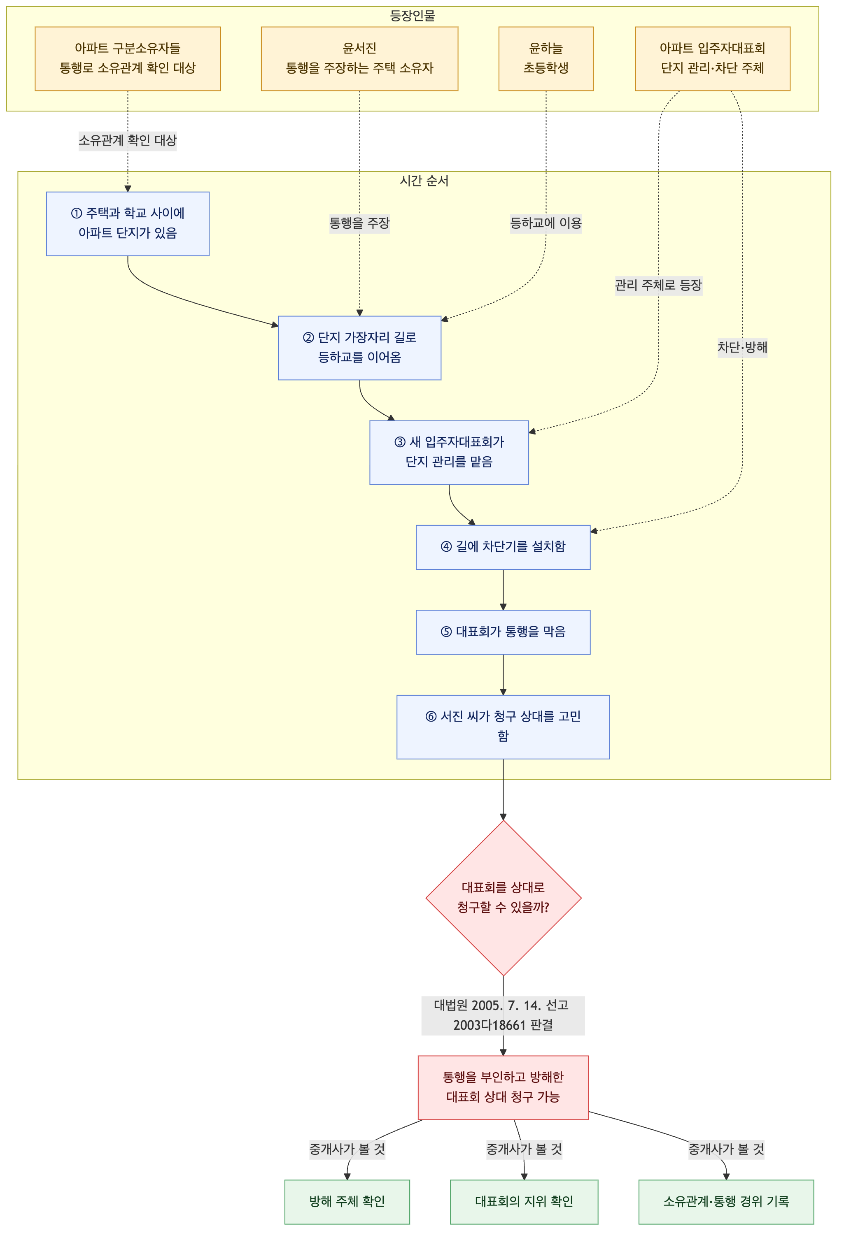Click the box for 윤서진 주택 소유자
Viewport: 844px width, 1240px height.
(359, 59)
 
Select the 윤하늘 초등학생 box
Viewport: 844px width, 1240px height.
(546, 59)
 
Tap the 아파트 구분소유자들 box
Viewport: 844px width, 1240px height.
(128, 59)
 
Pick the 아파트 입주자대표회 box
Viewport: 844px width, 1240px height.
(712, 59)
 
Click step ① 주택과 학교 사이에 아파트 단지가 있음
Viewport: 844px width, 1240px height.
(128, 223)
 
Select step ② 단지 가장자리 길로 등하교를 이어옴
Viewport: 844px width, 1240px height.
(359, 348)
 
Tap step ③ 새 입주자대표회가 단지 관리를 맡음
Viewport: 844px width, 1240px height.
(449, 453)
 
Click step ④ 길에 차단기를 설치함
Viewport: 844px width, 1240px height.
(503, 547)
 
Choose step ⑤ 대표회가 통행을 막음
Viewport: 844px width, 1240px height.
(503, 632)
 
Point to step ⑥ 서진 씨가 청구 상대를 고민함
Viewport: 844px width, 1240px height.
(503, 727)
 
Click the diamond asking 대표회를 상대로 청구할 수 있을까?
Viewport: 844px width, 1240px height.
(503, 898)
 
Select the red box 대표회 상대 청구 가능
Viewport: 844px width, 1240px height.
(503, 1087)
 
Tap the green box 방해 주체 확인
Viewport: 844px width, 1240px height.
(347, 1202)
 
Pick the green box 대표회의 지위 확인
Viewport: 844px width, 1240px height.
(524, 1202)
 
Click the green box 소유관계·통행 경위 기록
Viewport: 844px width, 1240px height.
(726, 1202)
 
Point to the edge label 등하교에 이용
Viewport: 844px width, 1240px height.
(546, 223)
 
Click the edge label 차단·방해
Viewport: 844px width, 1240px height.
(742, 347)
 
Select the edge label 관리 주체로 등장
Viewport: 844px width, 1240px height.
(658, 286)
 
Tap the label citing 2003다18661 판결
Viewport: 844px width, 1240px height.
(503, 1015)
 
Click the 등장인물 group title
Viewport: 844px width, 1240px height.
(412, 16)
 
